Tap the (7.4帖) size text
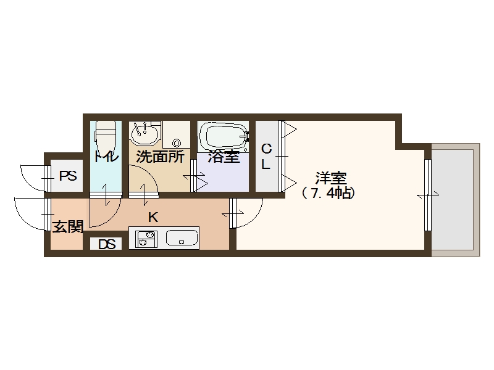pos(329,193)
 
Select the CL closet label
pos(267,157)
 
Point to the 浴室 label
pos(223,157)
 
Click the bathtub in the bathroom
pos(222,136)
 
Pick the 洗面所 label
pos(160,157)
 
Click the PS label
pos(68,176)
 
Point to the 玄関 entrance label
pos(67,227)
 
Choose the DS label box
pos(107,244)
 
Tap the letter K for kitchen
pos(153,216)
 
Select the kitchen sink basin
pos(182,238)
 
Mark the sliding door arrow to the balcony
pos(427,195)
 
